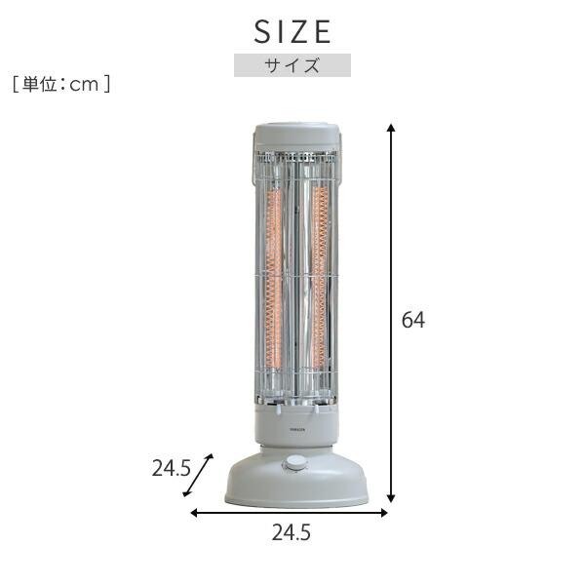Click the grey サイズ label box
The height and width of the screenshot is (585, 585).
click(292, 66)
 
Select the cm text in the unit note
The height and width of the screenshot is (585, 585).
click(86, 85)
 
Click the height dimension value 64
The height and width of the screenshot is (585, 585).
click(413, 319)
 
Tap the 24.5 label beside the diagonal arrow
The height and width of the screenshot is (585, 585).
click(171, 467)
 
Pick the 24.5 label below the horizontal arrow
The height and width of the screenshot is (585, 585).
click(292, 534)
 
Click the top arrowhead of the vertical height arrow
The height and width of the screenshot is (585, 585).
click(391, 129)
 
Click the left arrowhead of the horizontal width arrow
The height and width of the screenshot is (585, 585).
click(194, 512)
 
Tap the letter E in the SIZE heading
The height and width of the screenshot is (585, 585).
click(322, 32)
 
